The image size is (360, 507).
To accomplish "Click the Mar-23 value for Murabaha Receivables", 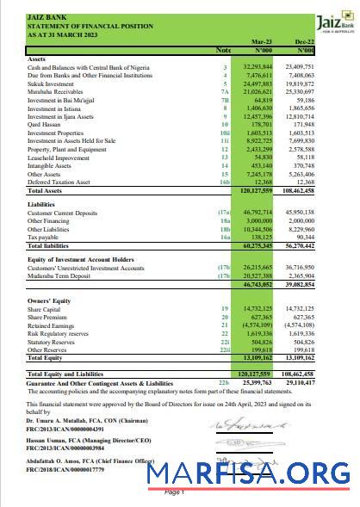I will point(258,90).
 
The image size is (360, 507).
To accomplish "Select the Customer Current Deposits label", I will point(64,213).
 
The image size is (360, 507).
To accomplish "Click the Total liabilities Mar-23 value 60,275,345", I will point(258,246).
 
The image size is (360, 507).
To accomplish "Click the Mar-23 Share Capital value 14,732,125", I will point(258,309).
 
